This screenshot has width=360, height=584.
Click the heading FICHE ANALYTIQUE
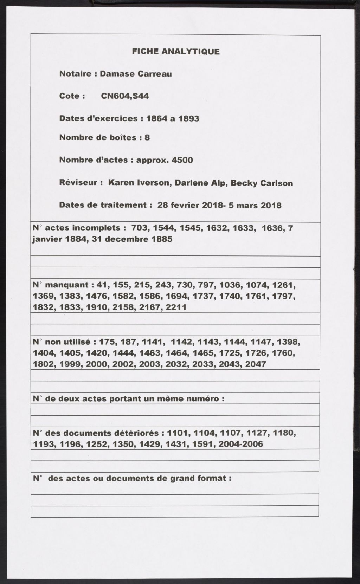[x=176, y=52]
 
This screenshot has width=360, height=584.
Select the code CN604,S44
[x=125, y=96]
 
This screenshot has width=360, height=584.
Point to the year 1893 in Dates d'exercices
[x=189, y=119]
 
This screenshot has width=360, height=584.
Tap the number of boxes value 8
[x=147, y=137]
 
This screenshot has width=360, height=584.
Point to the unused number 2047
[x=256, y=364]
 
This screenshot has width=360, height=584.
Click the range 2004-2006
[x=240, y=444]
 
